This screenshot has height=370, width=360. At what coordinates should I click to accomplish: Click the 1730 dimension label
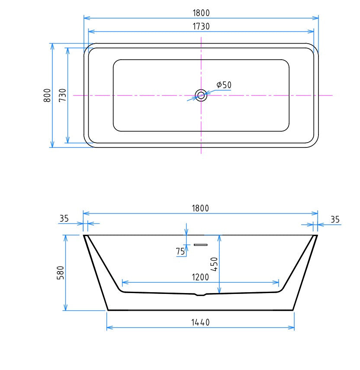tap(201, 26)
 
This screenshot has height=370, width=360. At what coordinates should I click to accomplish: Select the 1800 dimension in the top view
tap(201, 13)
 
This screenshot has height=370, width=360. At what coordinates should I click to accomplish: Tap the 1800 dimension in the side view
tap(200, 208)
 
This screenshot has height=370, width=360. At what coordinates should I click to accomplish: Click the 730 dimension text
tap(62, 95)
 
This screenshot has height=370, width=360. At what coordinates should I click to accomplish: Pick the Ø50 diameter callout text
tap(224, 85)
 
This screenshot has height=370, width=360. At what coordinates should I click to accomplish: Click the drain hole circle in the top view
tap(201, 95)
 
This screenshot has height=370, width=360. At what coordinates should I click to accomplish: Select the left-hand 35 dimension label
tap(64, 219)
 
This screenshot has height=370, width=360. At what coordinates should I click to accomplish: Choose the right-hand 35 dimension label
tap(335, 220)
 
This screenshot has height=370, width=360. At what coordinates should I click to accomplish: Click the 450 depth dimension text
tap(214, 264)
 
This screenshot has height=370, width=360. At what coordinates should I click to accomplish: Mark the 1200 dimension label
tap(200, 277)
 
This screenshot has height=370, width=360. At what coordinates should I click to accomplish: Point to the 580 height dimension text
tap(61, 273)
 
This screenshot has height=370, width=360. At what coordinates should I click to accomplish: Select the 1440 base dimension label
tap(200, 322)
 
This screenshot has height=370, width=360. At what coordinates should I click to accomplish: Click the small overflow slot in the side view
tap(200, 245)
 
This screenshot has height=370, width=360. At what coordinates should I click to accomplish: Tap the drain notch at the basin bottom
tap(200, 295)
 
